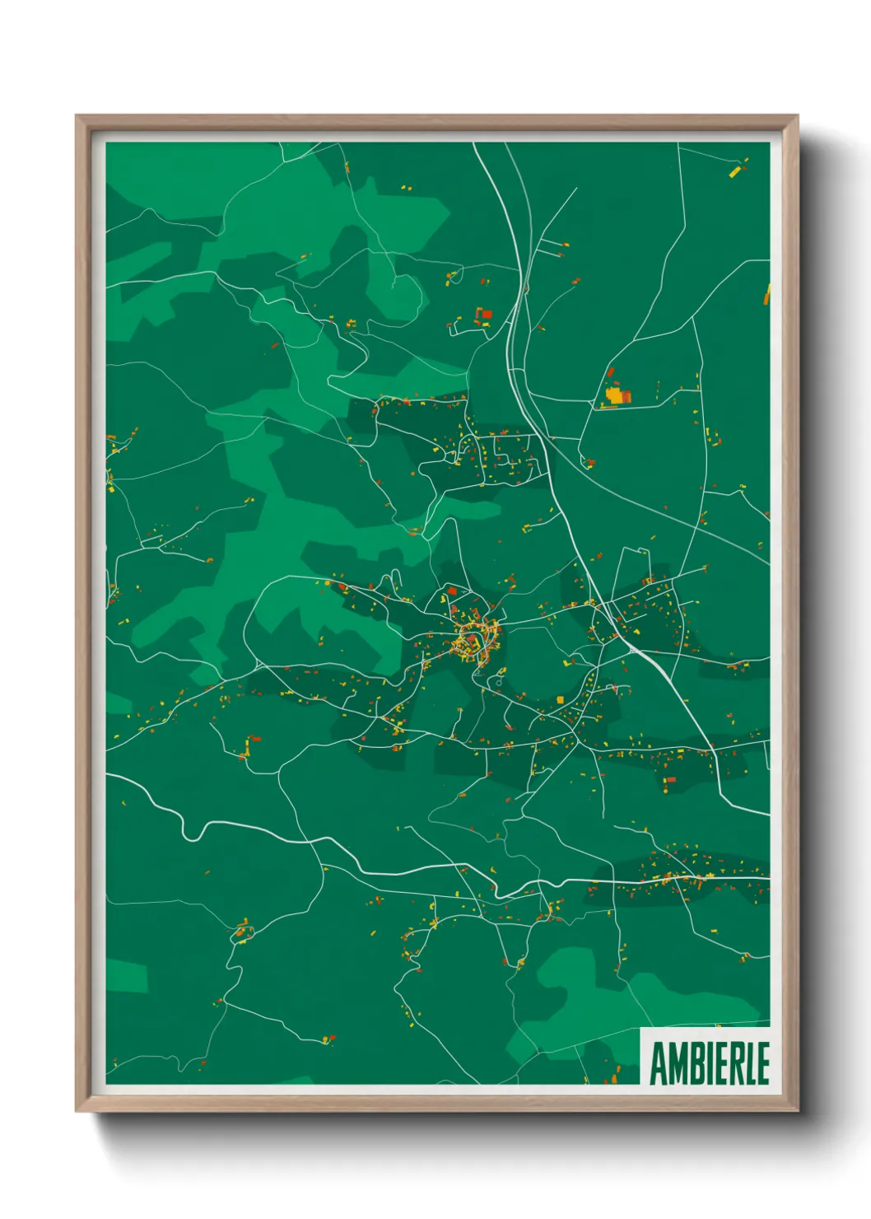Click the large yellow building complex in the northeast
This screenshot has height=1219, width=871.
(615, 395)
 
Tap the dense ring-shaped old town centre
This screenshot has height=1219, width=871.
(474, 638)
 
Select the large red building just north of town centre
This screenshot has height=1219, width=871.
(451, 591)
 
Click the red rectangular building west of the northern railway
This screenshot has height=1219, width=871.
(486, 313)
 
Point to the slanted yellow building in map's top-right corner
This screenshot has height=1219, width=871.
(735, 172)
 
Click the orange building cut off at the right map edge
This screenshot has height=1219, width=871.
(767, 295)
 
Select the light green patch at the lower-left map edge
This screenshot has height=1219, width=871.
(127, 975)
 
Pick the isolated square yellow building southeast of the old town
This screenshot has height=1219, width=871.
(561, 700)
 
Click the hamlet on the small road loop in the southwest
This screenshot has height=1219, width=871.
(241, 932)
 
